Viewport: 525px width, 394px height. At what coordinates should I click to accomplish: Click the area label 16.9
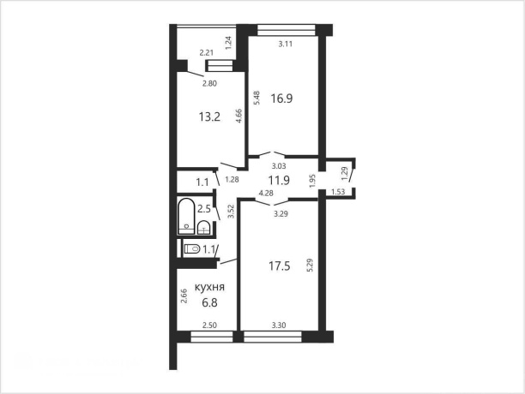[x=281, y=98]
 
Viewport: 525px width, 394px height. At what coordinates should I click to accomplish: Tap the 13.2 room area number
[x=209, y=117]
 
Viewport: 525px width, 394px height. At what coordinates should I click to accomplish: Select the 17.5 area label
[x=280, y=266]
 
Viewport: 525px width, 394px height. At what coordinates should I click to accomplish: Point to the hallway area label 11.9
[x=279, y=181]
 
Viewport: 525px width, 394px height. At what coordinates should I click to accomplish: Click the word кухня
[x=209, y=288]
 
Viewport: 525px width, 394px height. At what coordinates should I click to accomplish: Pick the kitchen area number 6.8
[x=209, y=302]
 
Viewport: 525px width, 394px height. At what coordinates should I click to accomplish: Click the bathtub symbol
[x=186, y=217]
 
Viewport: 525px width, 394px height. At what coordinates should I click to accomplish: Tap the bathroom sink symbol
[x=203, y=228]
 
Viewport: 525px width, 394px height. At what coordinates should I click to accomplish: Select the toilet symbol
[x=192, y=249]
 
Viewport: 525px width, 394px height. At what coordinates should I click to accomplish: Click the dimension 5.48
[x=256, y=98]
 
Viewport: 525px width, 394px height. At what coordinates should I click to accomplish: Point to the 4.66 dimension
[x=239, y=116]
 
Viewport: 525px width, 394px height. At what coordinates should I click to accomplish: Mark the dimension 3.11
[x=286, y=44]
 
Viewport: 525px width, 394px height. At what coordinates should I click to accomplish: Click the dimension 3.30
[x=279, y=325]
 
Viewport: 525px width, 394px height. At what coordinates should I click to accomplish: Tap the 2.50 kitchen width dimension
[x=210, y=325]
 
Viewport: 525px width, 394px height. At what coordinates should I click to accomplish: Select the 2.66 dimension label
[x=184, y=296]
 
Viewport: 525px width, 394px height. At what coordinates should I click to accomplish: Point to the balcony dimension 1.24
[x=228, y=43]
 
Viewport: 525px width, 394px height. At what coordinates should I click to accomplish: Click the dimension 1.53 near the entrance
[x=338, y=192]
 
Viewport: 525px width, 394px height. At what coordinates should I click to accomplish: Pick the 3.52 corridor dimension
[x=231, y=212]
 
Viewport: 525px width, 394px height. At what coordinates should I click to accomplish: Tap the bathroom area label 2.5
[x=204, y=209]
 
